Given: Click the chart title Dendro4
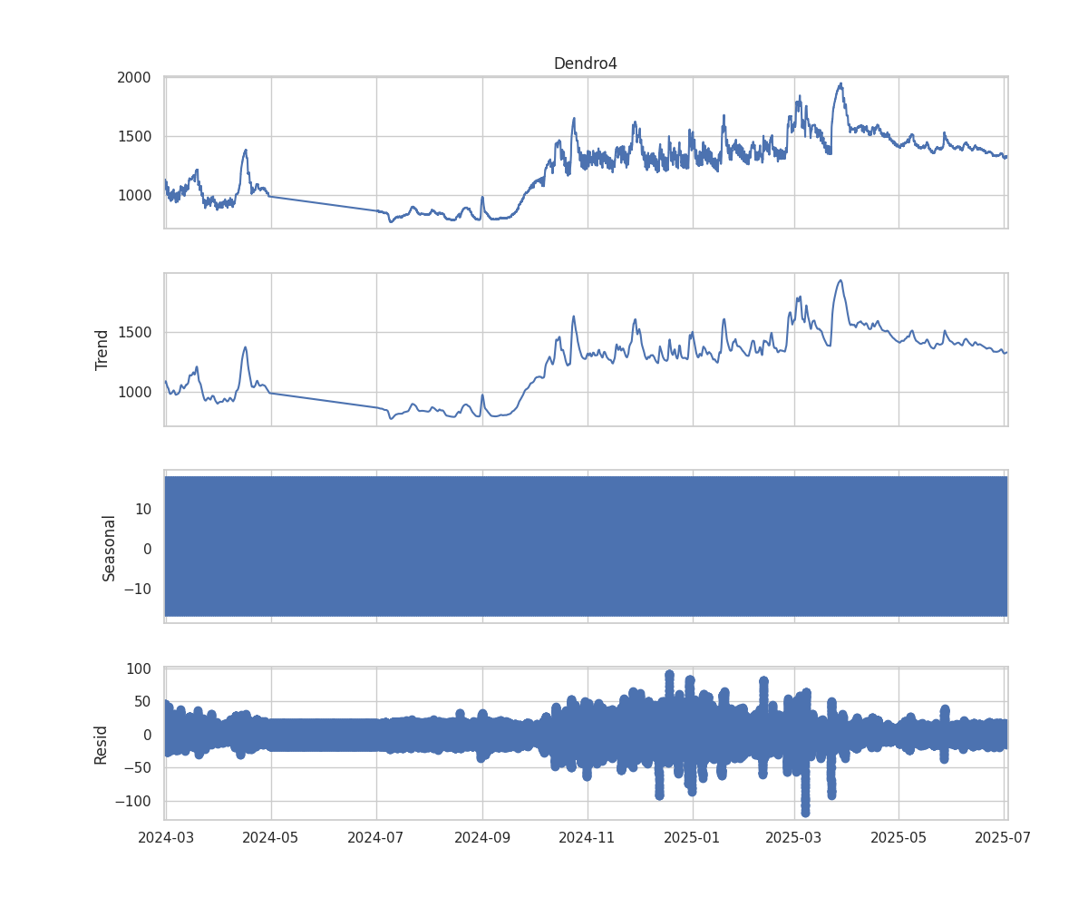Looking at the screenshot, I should tap(585, 63).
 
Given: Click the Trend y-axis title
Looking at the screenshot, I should tap(102, 349).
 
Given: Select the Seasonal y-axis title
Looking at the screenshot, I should tap(110, 547).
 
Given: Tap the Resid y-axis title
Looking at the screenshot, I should tap(102, 744).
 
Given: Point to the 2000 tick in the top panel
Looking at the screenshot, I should tap(133, 78).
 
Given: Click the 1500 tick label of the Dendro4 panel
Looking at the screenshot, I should tap(133, 137).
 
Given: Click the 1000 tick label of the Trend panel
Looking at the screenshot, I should tap(133, 393).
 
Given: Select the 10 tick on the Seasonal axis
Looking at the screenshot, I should tap(142, 510).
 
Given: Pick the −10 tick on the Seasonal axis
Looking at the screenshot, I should tap(138, 589).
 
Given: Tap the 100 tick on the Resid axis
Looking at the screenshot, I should tap(139, 669).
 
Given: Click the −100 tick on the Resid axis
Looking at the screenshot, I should tap(134, 802).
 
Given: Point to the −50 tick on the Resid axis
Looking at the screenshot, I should tap(138, 768).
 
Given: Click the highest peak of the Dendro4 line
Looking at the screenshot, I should tap(841, 83).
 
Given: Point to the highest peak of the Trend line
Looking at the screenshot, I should tap(840, 280).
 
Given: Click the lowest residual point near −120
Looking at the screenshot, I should tap(805, 812).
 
